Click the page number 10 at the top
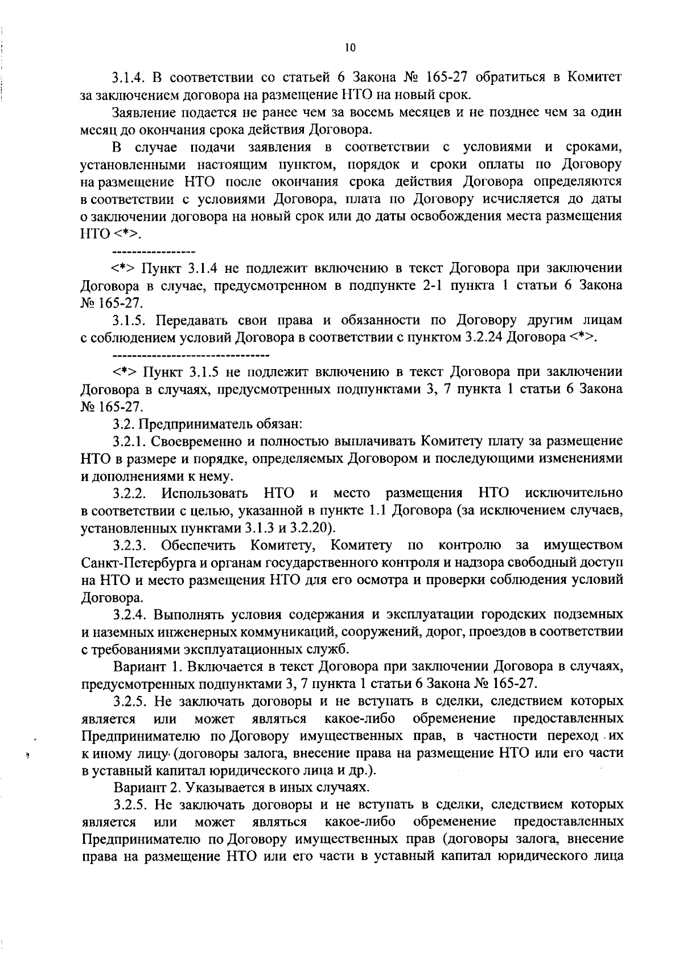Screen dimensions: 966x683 (x=350, y=48)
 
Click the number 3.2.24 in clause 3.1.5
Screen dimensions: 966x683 (x=484, y=337)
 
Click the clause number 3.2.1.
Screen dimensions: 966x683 (x=130, y=441)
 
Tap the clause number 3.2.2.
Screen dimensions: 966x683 (x=130, y=493)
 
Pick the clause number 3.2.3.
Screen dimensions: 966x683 (x=130, y=546)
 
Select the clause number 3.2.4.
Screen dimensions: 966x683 (x=130, y=615)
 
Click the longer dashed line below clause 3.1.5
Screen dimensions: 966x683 (x=191, y=355)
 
